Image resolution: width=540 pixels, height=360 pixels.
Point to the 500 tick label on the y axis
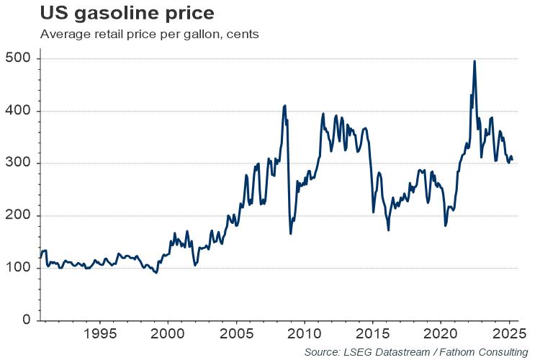[19, 58]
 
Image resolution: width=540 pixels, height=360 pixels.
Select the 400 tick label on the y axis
[19, 111]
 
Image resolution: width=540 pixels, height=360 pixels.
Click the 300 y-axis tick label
[19, 163]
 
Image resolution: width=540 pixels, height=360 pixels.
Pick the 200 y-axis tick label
[19, 216]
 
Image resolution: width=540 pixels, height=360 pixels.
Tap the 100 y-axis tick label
[19, 269]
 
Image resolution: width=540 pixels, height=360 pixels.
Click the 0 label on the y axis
[26, 320]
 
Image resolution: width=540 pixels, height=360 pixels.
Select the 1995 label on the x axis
[99, 335]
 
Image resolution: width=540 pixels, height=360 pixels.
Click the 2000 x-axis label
[168, 335]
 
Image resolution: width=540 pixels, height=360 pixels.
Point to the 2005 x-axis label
[235, 335]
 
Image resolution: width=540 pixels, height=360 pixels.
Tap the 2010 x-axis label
[303, 335]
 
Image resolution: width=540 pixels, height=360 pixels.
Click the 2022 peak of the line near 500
[474, 61]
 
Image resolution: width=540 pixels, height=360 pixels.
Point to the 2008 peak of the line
[285, 105]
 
